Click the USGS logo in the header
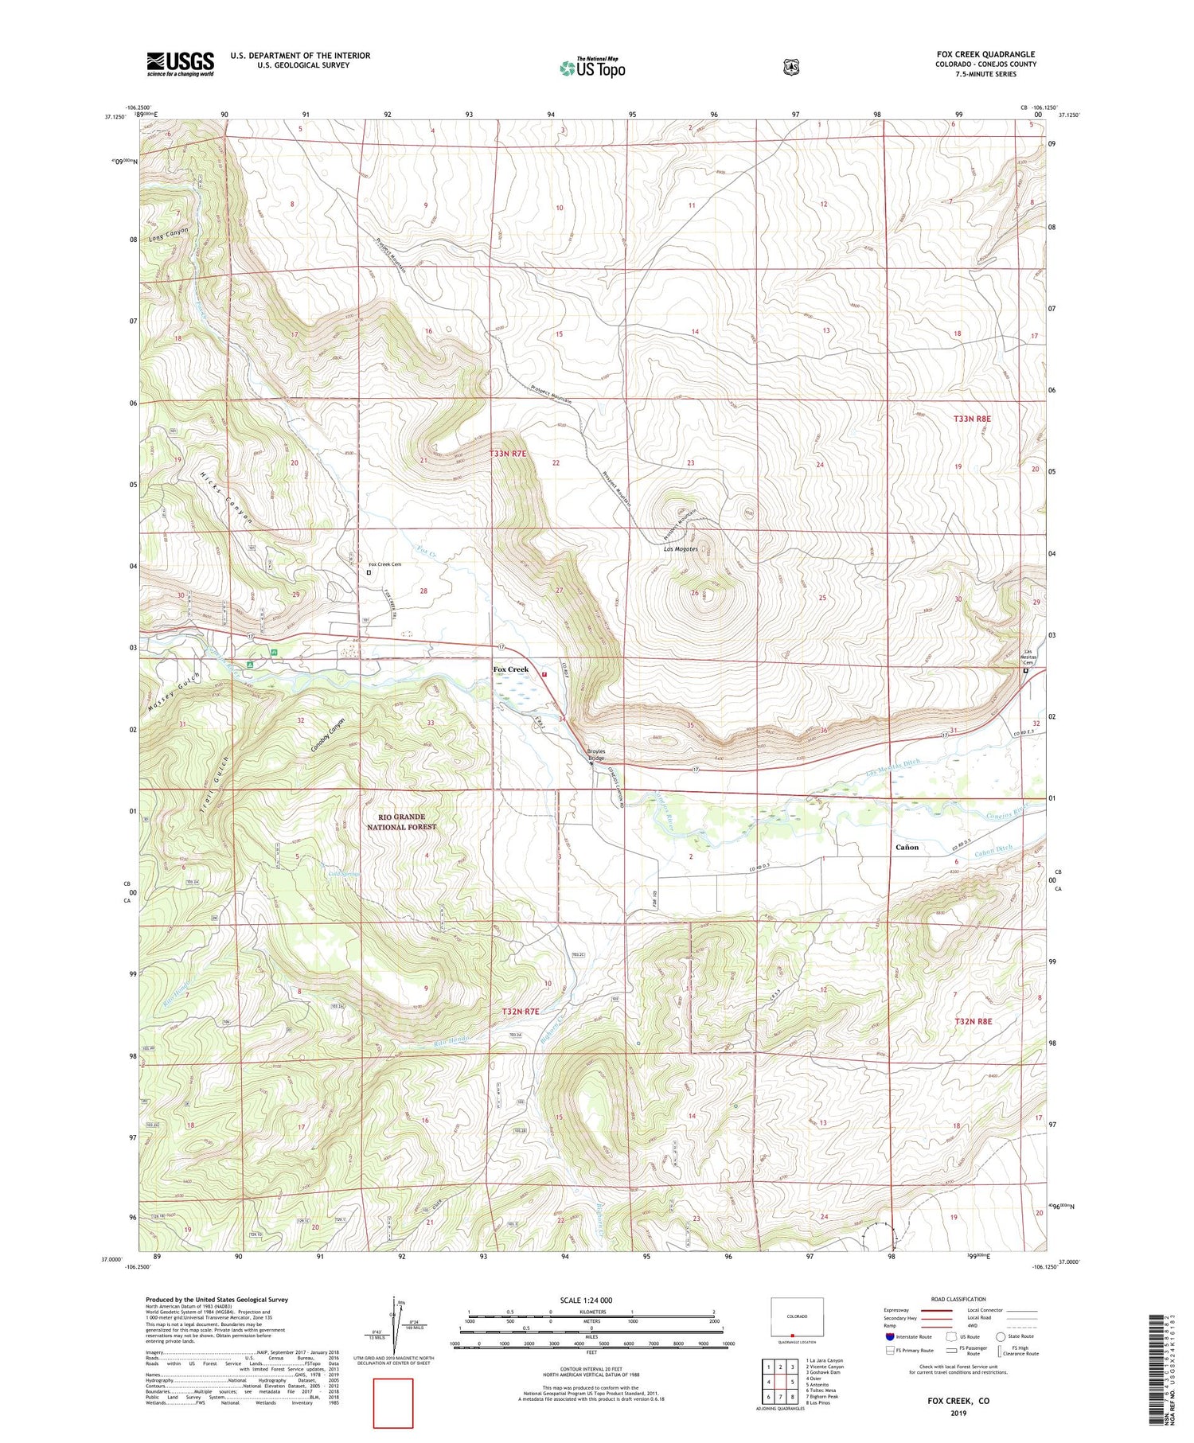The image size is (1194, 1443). pos(180,64)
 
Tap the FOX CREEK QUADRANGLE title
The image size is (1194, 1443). pos(985,55)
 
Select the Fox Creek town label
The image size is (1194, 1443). pos(510,669)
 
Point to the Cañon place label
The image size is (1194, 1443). pos(907,848)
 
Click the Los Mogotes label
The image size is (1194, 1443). pos(681,549)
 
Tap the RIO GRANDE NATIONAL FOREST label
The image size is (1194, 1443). pos(401,822)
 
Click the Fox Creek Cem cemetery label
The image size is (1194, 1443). pos(384,564)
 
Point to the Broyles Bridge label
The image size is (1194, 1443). pos(596,755)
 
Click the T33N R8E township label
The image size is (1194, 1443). pos(972,418)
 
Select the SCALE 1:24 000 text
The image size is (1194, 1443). pos(586,1301)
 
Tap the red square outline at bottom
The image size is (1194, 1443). pos(393,1403)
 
